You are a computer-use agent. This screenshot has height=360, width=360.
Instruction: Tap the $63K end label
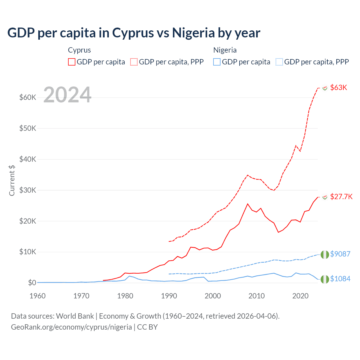(x=339, y=87)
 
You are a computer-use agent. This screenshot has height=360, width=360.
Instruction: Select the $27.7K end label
(x=341, y=197)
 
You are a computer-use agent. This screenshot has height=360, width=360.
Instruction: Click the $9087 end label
(x=340, y=254)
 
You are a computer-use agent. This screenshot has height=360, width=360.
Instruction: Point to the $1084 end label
(x=340, y=279)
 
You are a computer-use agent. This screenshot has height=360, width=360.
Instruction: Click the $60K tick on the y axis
(x=28, y=98)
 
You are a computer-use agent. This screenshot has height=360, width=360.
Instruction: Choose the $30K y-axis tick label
(x=28, y=190)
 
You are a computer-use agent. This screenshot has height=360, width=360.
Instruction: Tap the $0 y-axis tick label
(x=32, y=283)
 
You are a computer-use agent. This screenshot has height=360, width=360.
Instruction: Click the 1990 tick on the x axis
(x=169, y=296)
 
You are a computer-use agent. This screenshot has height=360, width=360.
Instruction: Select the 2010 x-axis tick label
(x=256, y=296)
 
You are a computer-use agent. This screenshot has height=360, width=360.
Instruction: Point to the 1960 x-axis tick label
(x=37, y=296)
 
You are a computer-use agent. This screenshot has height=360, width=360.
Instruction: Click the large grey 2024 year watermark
(x=67, y=95)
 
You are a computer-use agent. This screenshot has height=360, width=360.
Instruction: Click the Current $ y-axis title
(x=12, y=180)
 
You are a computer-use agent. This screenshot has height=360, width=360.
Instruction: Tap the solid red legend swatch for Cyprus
(x=72, y=62)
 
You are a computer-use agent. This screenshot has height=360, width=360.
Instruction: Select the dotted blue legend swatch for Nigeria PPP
(x=279, y=62)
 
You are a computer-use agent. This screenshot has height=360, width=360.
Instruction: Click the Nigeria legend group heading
(x=225, y=50)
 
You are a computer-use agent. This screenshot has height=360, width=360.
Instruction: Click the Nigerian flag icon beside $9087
(x=325, y=254)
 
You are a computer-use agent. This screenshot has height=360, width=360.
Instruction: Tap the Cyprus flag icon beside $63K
(x=325, y=88)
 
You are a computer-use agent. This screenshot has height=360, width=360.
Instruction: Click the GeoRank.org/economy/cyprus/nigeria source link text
(x=71, y=327)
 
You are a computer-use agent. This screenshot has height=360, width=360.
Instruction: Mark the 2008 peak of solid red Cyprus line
(x=247, y=204)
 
